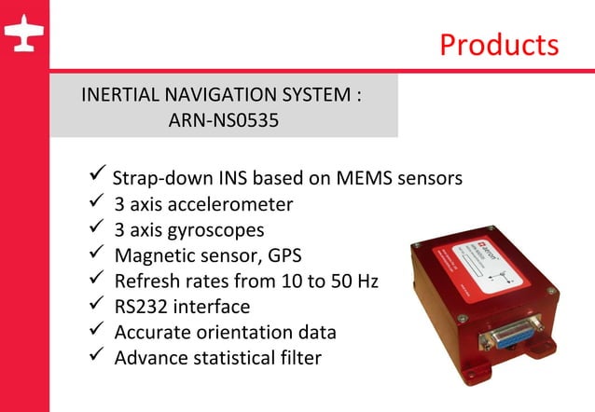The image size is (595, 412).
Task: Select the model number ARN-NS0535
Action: [223, 121]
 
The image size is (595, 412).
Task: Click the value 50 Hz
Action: [355, 281]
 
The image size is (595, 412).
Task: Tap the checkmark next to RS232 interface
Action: [91, 304]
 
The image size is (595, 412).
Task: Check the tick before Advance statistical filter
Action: [91, 355]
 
